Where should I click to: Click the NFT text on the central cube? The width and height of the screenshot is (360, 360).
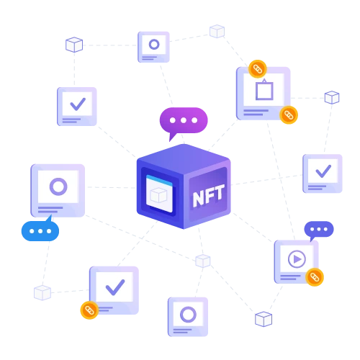tap(209, 196)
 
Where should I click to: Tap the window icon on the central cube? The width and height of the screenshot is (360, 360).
tap(159, 194)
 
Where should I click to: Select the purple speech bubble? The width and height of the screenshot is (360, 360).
tap(184, 123)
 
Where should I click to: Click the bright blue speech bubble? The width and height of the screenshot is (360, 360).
tap(40, 229)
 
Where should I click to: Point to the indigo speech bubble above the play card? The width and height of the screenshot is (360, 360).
tap(319, 230)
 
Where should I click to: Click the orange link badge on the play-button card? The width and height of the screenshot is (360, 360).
tap(315, 277)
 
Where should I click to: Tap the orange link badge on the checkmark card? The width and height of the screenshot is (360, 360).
tap(89, 310)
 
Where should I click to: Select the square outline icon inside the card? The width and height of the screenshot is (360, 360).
tap(264, 90)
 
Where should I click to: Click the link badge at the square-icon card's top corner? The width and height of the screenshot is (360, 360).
tap(258, 69)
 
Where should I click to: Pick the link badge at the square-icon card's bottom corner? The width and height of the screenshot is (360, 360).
tap(289, 115)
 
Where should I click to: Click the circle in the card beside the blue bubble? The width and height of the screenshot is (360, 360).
tap(58, 186)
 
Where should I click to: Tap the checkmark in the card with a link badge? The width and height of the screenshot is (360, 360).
tap(115, 287)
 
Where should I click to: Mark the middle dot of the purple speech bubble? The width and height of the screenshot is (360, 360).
tap(184, 120)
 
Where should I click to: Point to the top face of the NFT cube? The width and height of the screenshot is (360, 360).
tap(184, 158)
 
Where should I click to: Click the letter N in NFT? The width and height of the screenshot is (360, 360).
tap(199, 199)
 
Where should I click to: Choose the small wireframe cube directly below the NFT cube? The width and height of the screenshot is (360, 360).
tap(203, 261)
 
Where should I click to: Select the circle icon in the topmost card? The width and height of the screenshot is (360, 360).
tap(154, 45)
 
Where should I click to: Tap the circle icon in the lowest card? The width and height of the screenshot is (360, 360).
tap(188, 315)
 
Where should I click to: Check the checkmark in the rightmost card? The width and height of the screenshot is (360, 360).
tap(323, 171)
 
